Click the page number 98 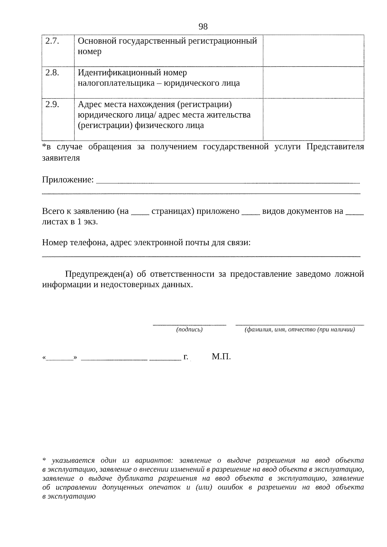203,26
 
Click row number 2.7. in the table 52,41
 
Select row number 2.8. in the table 52,73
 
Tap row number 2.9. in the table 52,104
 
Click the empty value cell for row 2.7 313,51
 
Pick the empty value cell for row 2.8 313,82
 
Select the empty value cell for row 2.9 313,119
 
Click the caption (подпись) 189,329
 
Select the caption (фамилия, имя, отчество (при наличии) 300,329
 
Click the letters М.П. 221,357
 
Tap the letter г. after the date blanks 186,357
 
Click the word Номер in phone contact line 55,243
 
